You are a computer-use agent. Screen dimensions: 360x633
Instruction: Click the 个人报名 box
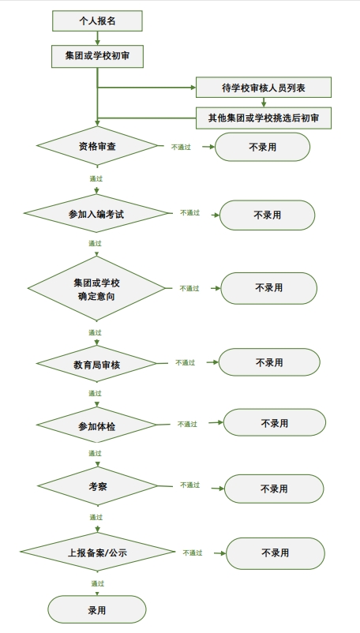(97, 21)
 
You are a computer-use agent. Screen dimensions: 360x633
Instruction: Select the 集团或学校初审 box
(97, 56)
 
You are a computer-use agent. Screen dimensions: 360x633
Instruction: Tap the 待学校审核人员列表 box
(264, 87)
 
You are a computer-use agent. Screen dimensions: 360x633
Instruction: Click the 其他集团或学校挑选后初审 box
(264, 118)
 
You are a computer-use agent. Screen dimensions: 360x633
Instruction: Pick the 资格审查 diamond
(97, 146)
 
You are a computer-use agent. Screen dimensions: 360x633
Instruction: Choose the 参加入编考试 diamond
(96, 214)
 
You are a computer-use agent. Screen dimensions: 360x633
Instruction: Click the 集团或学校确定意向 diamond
(96, 288)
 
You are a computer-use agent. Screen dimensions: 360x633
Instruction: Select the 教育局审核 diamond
(97, 363)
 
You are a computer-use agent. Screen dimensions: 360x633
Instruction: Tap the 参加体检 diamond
(96, 425)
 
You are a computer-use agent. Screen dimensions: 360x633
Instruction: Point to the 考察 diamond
(97, 486)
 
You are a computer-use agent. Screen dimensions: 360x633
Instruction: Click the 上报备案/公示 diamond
(97, 552)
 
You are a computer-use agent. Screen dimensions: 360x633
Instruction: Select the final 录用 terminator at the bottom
(97, 609)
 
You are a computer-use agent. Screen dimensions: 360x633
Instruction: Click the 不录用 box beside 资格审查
(262, 147)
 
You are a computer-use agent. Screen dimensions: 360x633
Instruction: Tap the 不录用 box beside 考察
(274, 489)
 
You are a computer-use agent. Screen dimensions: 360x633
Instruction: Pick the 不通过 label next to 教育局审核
(186, 363)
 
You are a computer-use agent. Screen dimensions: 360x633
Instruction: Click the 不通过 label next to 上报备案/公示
(193, 553)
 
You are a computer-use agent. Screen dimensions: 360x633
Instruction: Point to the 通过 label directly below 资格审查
(96, 178)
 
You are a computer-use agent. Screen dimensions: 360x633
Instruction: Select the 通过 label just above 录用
(98, 584)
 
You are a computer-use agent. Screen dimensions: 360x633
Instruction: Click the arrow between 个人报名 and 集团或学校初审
(97, 38)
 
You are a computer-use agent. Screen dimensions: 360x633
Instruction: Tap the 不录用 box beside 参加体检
(275, 423)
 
